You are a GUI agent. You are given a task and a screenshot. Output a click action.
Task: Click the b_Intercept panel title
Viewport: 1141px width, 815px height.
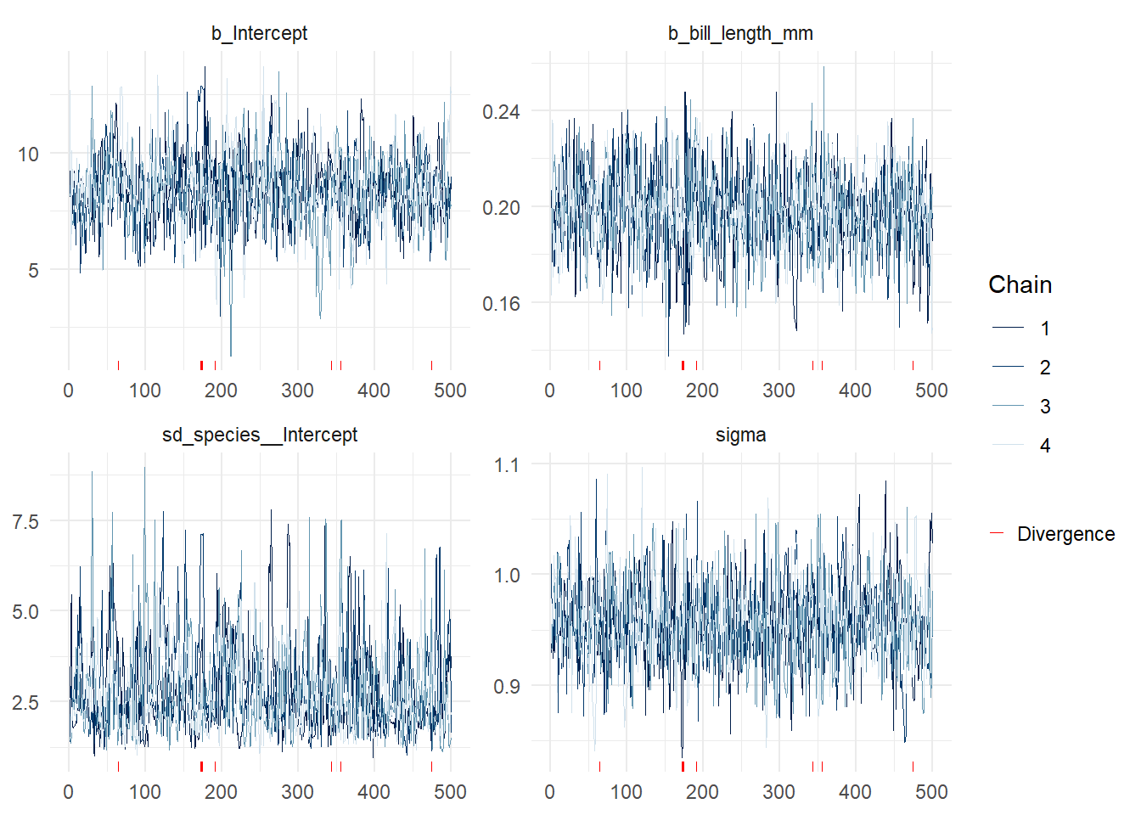259,33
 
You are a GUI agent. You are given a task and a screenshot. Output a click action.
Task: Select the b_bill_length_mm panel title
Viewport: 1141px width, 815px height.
740,33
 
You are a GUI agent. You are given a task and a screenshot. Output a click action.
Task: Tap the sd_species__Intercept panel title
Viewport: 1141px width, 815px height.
259,435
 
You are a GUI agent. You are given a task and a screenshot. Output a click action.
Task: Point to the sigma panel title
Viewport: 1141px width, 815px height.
740,435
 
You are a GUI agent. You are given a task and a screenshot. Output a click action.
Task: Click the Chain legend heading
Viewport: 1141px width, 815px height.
1020,284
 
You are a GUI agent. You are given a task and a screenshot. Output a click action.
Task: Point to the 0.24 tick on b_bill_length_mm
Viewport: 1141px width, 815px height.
501,111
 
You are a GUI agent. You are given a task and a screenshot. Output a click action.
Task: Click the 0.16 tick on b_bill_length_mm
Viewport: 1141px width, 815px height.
501,303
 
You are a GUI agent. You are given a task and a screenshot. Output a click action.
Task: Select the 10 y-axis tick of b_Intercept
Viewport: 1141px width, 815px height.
28,155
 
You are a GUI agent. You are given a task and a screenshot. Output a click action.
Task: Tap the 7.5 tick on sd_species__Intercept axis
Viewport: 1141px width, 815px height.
25,521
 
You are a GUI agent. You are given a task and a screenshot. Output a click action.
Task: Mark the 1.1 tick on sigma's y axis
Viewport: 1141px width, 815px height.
506,465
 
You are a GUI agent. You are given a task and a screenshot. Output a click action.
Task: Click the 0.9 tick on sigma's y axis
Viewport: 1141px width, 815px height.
506,686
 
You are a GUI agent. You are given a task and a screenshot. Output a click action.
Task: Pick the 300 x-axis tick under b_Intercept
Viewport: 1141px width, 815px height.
297,391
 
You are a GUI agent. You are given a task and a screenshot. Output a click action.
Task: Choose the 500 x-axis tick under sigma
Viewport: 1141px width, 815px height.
931,792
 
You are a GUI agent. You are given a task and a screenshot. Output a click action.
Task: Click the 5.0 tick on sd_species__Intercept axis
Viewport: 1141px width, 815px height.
25,611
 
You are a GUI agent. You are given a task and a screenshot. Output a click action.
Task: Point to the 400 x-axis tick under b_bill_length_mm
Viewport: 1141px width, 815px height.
855,391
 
